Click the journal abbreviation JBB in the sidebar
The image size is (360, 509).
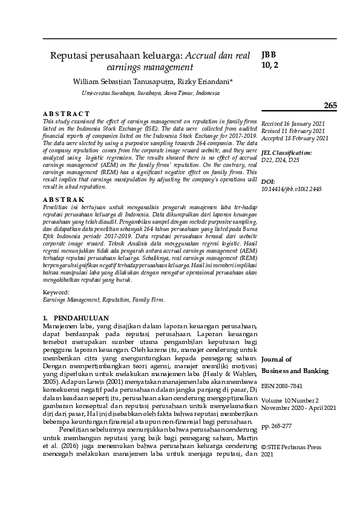[x=269, y=54]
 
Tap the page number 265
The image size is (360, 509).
[x=330, y=106]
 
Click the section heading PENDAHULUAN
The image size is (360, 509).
[x=81, y=317]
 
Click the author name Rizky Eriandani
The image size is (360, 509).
[x=197, y=80]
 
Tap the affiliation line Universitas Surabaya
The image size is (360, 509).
[x=151, y=94]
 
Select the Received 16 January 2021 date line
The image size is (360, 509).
[x=292, y=123]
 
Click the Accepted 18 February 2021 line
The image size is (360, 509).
[x=295, y=138]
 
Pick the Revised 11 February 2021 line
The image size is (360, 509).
[x=293, y=131]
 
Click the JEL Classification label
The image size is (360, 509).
[x=287, y=153]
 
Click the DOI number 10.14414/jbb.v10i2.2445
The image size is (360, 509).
[x=292, y=189]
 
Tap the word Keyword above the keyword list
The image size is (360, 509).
[x=56, y=292]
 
